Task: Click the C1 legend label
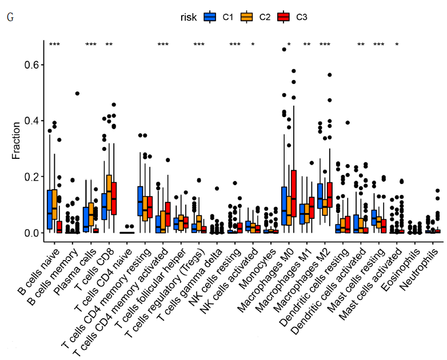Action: click(x=228, y=17)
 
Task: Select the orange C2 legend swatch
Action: click(x=246, y=17)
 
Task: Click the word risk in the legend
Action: click(x=188, y=17)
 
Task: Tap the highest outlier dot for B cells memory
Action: click(x=77, y=93)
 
